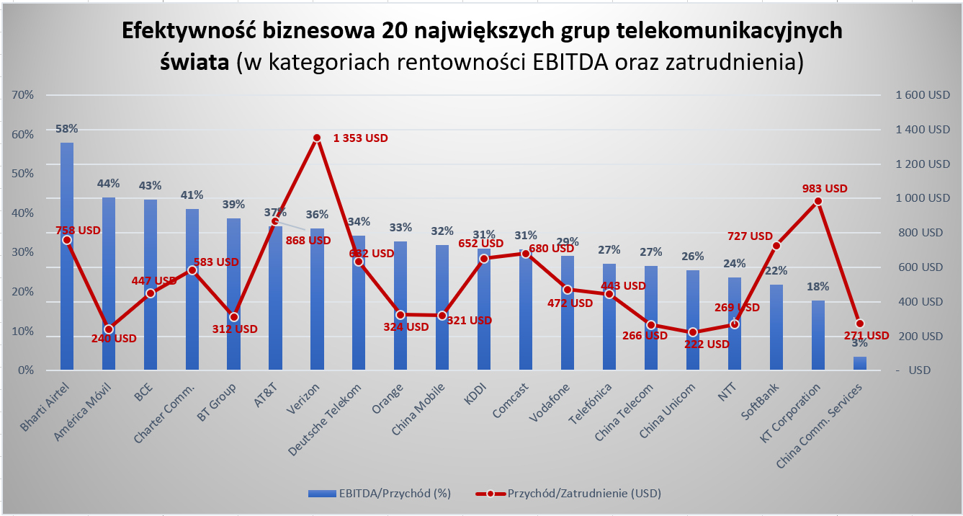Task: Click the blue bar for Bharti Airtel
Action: coord(67,303)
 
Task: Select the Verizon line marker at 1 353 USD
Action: coord(317,138)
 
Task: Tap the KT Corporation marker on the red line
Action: coord(818,201)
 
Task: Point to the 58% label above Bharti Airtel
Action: coord(67,129)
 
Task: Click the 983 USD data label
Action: coord(825,189)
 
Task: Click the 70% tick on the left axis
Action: coord(24,95)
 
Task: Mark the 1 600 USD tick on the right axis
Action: coord(923,95)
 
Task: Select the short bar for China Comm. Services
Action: coord(860,363)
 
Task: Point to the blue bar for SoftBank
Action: coord(776,328)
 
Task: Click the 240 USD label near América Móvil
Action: coord(114,338)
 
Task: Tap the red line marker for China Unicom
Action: coord(693,332)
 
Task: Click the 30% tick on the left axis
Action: coord(24,252)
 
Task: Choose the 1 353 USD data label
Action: coord(360,138)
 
